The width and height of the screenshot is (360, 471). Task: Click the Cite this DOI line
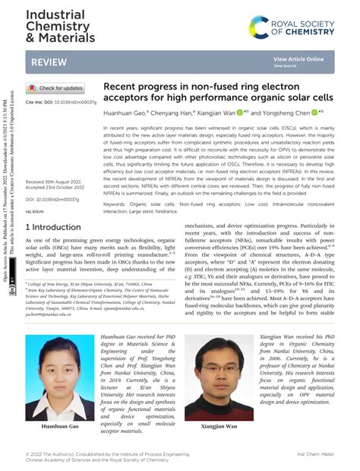[61, 102]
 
